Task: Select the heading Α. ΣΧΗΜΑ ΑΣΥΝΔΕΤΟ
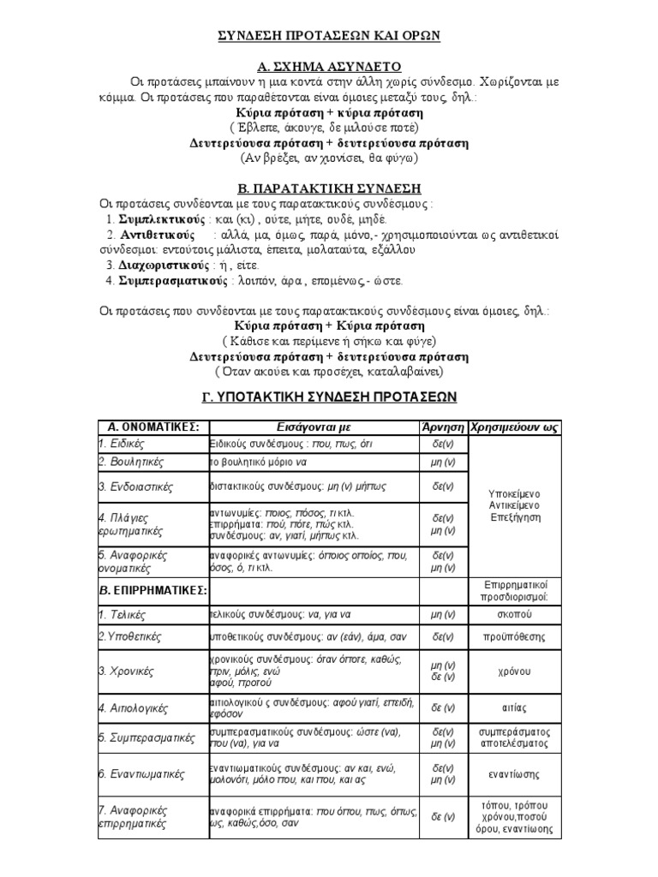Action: pyautogui.click(x=329, y=67)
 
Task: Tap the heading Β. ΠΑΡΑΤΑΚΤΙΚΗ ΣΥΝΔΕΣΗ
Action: pyautogui.click(x=329, y=188)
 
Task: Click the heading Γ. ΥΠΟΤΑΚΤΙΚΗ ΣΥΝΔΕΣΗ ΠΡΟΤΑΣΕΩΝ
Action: pyautogui.click(x=329, y=397)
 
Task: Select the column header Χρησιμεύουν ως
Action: pyautogui.click(x=515, y=427)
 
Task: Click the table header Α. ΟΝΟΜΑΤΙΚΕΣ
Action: pyautogui.click(x=148, y=427)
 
